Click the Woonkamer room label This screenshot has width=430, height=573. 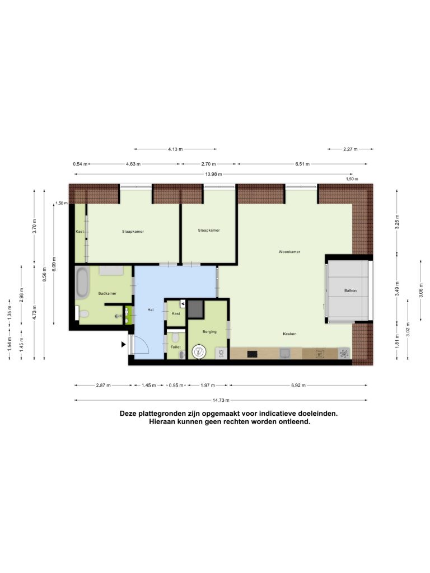(289, 252)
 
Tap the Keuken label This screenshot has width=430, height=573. (289, 334)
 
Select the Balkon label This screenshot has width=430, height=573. (350, 290)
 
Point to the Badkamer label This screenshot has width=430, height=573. (107, 293)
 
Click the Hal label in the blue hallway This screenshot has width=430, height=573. (150, 310)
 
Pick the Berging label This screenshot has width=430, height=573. (209, 332)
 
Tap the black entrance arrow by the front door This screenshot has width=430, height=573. (124, 344)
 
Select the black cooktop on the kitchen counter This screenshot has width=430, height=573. (253, 354)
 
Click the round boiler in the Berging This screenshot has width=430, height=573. (199, 352)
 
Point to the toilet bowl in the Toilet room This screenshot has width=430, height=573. (175, 336)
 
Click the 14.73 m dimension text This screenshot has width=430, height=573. (221, 400)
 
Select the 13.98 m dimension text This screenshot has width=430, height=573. (213, 175)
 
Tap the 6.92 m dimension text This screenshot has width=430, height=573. (298, 385)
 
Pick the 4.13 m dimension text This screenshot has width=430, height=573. (175, 149)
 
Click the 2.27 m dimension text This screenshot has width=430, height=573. (350, 149)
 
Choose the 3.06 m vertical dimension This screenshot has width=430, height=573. (421, 290)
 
